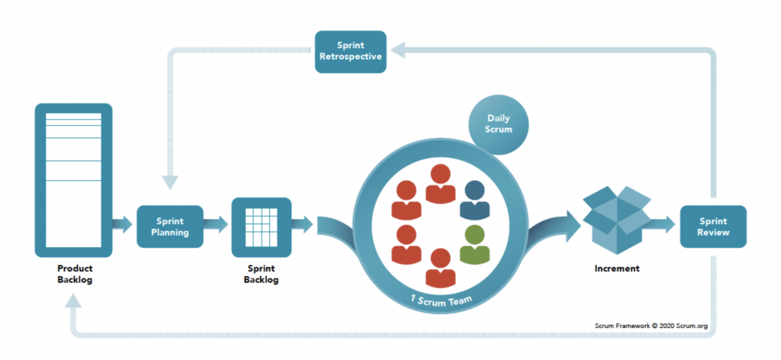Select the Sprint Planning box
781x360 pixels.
(x=169, y=227)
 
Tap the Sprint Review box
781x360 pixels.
(x=712, y=227)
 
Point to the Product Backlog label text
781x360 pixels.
(x=74, y=274)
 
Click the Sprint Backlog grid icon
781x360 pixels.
(x=261, y=227)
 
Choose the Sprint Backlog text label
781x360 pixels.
(x=261, y=274)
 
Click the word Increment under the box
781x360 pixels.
(x=617, y=269)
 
